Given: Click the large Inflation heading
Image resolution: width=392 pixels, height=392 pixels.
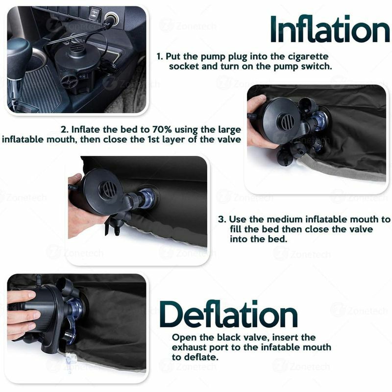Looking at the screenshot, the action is pos(330,29).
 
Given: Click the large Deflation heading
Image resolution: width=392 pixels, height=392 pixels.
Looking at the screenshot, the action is pos(228,314).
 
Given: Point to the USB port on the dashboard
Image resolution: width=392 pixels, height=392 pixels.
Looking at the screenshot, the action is pos(94,13).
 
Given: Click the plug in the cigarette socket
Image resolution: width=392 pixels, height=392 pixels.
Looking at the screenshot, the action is pos(109,20).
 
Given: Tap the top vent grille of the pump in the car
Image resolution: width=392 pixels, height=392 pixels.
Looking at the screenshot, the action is pos(77,48).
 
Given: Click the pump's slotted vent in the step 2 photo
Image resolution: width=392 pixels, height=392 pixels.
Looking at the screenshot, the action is pos(288,122).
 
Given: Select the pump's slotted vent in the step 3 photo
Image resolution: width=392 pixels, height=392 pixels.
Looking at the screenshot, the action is pos(108,189).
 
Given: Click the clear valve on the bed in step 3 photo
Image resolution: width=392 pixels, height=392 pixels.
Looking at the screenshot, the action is pos(146,197).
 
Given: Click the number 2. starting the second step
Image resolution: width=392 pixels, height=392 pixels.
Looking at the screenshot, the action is pos(65,129).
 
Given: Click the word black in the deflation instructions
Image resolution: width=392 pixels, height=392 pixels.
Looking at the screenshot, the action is pos(229,337).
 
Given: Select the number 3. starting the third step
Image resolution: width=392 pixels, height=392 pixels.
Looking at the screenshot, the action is pos(222,220).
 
